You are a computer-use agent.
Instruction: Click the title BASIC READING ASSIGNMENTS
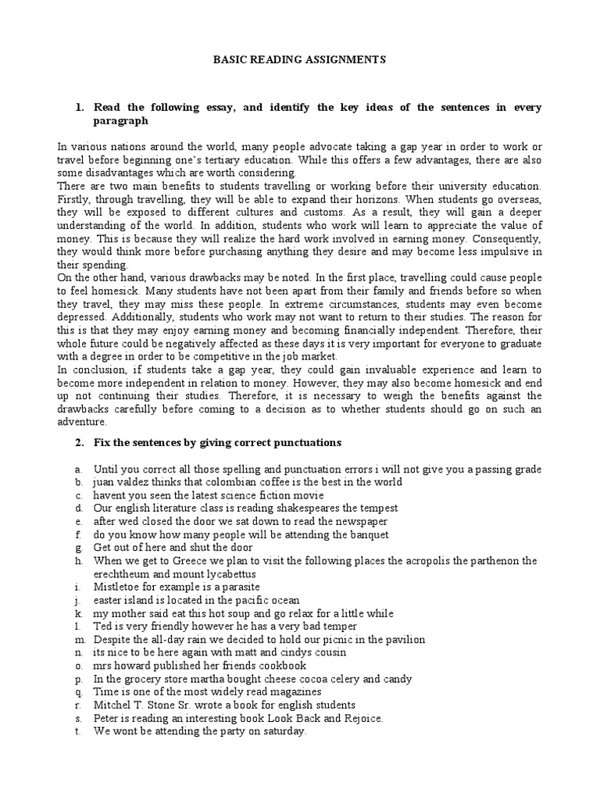[299, 59]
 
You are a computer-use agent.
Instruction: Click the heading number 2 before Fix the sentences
[79, 442]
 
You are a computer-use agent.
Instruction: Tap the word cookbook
[280, 666]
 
